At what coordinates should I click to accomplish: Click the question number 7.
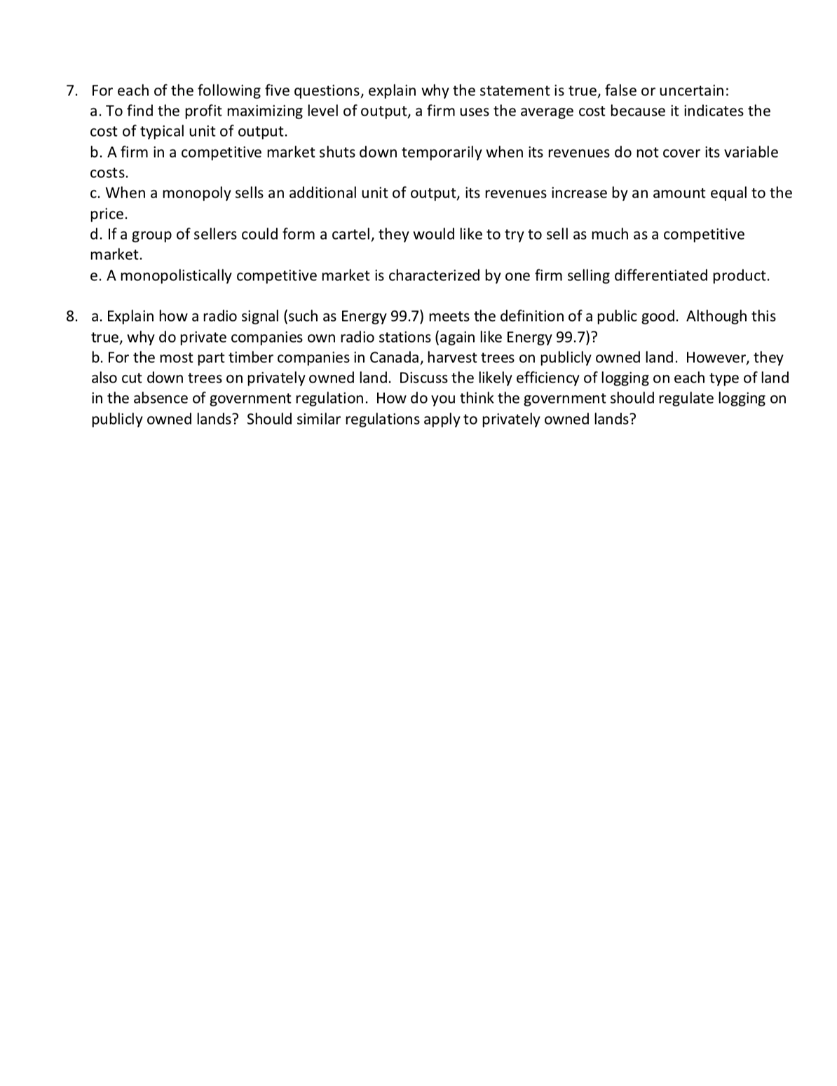pos(72,91)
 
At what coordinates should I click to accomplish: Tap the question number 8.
pos(72,317)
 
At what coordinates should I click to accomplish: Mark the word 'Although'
pos(716,317)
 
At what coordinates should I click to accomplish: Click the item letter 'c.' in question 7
pos(97,193)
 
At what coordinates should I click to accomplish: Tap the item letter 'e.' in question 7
pos(97,275)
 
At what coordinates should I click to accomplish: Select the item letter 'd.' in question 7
pos(97,235)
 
